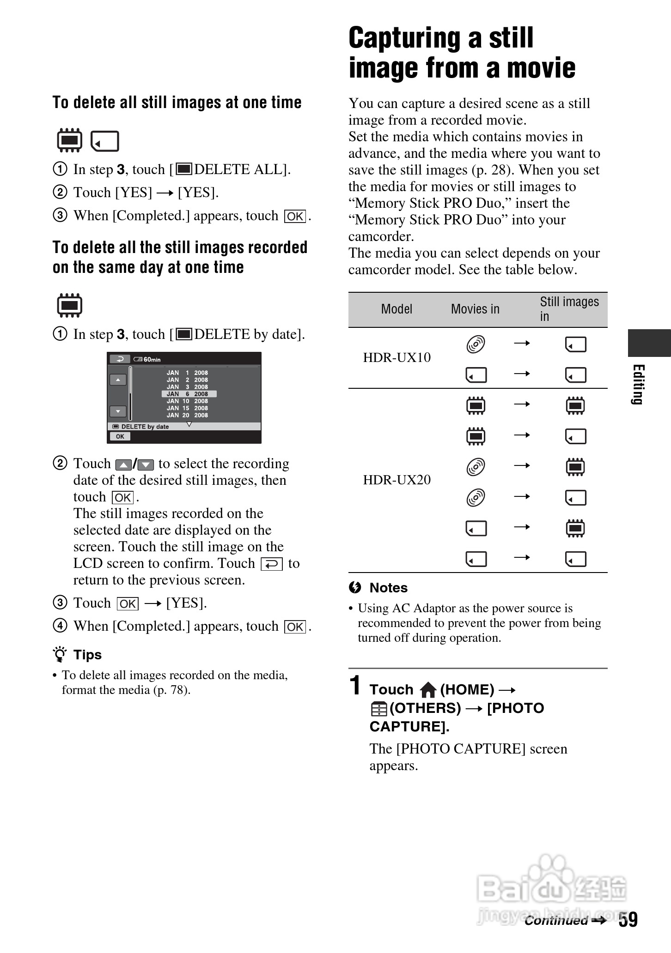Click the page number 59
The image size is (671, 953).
point(628,919)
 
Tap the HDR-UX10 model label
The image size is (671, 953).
point(396,357)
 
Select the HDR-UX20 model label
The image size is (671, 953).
point(396,480)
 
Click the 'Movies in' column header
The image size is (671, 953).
point(475,309)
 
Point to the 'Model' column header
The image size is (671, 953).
point(396,309)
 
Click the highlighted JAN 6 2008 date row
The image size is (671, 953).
point(189,394)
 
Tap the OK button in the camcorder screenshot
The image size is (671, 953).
point(120,436)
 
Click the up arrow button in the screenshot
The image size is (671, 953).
point(118,380)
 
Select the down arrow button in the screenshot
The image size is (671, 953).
point(118,411)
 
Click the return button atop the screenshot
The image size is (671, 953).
point(120,359)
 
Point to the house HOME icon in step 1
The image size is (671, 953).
point(428,690)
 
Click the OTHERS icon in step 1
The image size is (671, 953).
point(378,709)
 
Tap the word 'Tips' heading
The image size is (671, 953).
point(87,655)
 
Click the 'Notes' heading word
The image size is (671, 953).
point(388,588)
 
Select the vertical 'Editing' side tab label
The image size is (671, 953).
point(638,384)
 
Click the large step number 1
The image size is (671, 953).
point(355,685)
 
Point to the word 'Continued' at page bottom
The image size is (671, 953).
point(556,921)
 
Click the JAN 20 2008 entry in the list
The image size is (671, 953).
point(187,415)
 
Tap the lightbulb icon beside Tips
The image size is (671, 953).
point(60,655)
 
